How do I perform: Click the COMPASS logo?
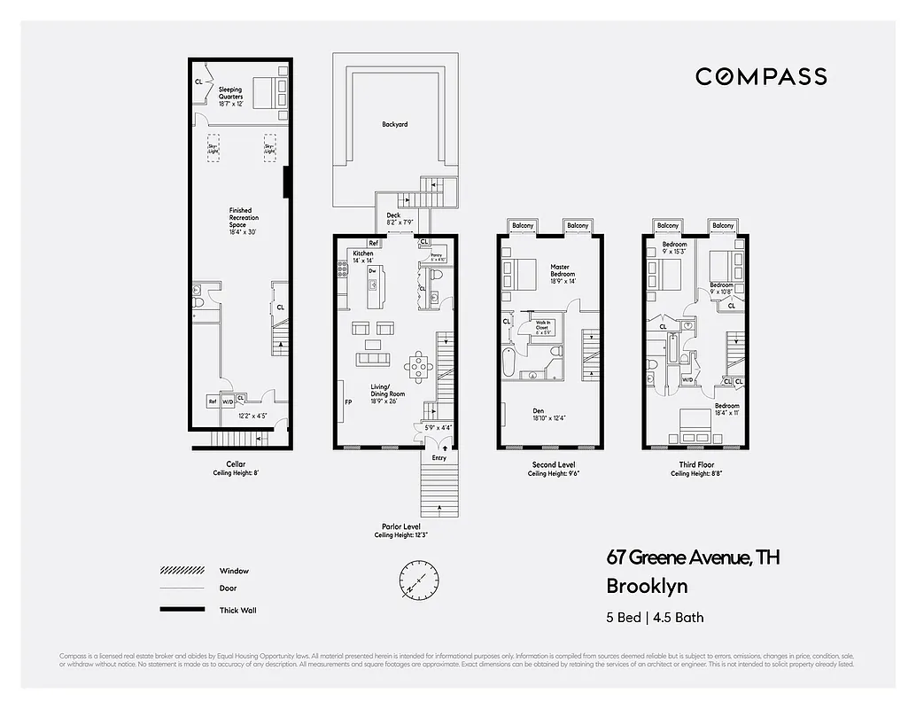click(x=761, y=77)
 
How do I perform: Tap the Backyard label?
click(x=395, y=125)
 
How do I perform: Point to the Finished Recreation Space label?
click(x=240, y=218)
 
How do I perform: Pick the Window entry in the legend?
click(x=234, y=571)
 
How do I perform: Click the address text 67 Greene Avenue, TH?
click(x=693, y=557)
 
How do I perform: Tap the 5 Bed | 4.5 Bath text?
click(x=655, y=617)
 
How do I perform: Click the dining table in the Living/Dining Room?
click(x=418, y=363)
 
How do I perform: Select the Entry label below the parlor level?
click(x=439, y=458)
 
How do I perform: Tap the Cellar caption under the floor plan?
click(x=235, y=464)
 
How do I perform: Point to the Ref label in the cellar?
click(x=212, y=401)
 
